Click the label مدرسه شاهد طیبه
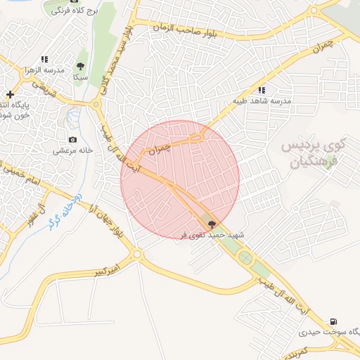pyautogui.click(x=262, y=101)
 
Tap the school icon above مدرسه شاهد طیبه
pyautogui.click(x=262, y=90)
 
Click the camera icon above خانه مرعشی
pyautogui.click(x=72, y=139)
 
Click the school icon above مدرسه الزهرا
pyautogui.click(x=44, y=60)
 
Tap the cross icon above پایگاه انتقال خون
pyautogui.click(x=10, y=94)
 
